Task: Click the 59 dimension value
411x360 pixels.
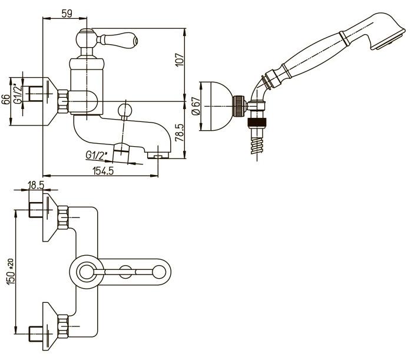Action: [x=67, y=13]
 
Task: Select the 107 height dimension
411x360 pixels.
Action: [x=180, y=60]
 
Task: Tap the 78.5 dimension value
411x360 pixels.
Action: [x=180, y=133]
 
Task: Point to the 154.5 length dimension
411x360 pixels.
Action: [x=103, y=171]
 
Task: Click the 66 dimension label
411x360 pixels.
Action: [x=6, y=100]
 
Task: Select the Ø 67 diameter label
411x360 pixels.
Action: [x=196, y=106]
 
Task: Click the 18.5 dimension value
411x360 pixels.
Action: [x=36, y=185]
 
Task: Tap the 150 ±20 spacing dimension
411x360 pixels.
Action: [x=11, y=272]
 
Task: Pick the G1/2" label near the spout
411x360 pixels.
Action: [x=96, y=155]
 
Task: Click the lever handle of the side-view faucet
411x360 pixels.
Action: [x=117, y=41]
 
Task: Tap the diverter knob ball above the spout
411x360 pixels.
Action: [x=125, y=110]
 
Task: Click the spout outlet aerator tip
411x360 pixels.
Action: [x=158, y=156]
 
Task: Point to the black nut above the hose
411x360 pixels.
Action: [x=257, y=123]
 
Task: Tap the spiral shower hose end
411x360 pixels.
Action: [x=257, y=146]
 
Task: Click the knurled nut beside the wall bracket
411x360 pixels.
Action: [x=240, y=105]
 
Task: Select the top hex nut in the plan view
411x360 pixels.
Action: [x=63, y=217]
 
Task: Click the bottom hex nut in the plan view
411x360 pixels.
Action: [x=63, y=326]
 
